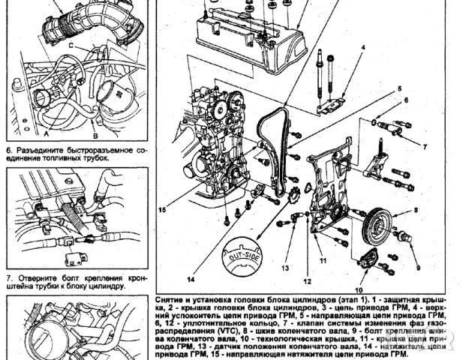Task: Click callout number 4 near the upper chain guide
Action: [x=362, y=47]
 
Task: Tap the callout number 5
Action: [x=400, y=88]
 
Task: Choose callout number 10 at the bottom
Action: [x=358, y=289]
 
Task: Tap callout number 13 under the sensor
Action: [x=285, y=267]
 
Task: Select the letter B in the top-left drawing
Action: [x=95, y=137]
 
